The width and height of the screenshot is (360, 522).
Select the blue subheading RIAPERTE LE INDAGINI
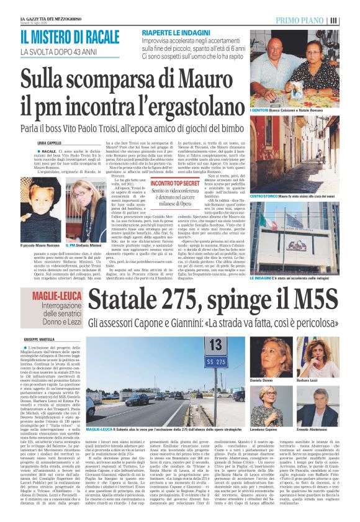point(176,32)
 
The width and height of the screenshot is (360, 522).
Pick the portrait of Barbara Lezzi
point(317,358)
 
